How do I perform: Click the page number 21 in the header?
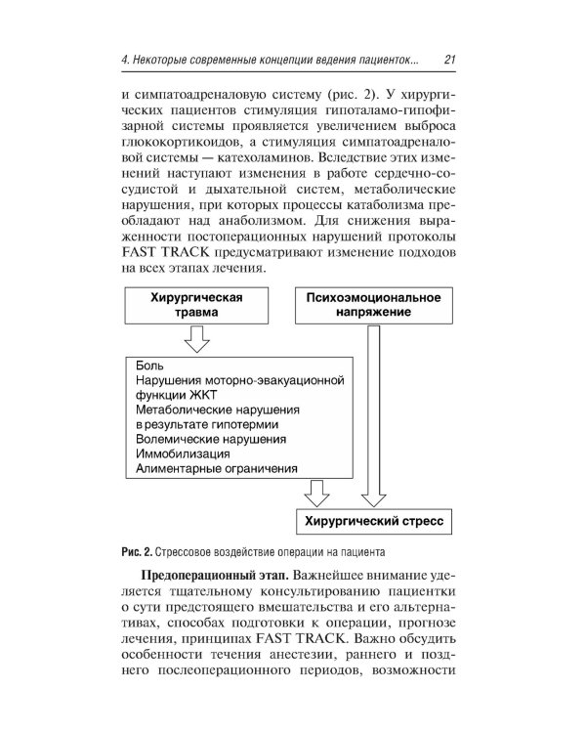tap(451, 60)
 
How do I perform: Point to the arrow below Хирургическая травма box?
tap(196, 339)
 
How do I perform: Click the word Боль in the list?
tap(149, 365)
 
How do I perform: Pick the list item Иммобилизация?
tap(183, 454)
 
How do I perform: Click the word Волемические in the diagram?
tap(178, 440)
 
